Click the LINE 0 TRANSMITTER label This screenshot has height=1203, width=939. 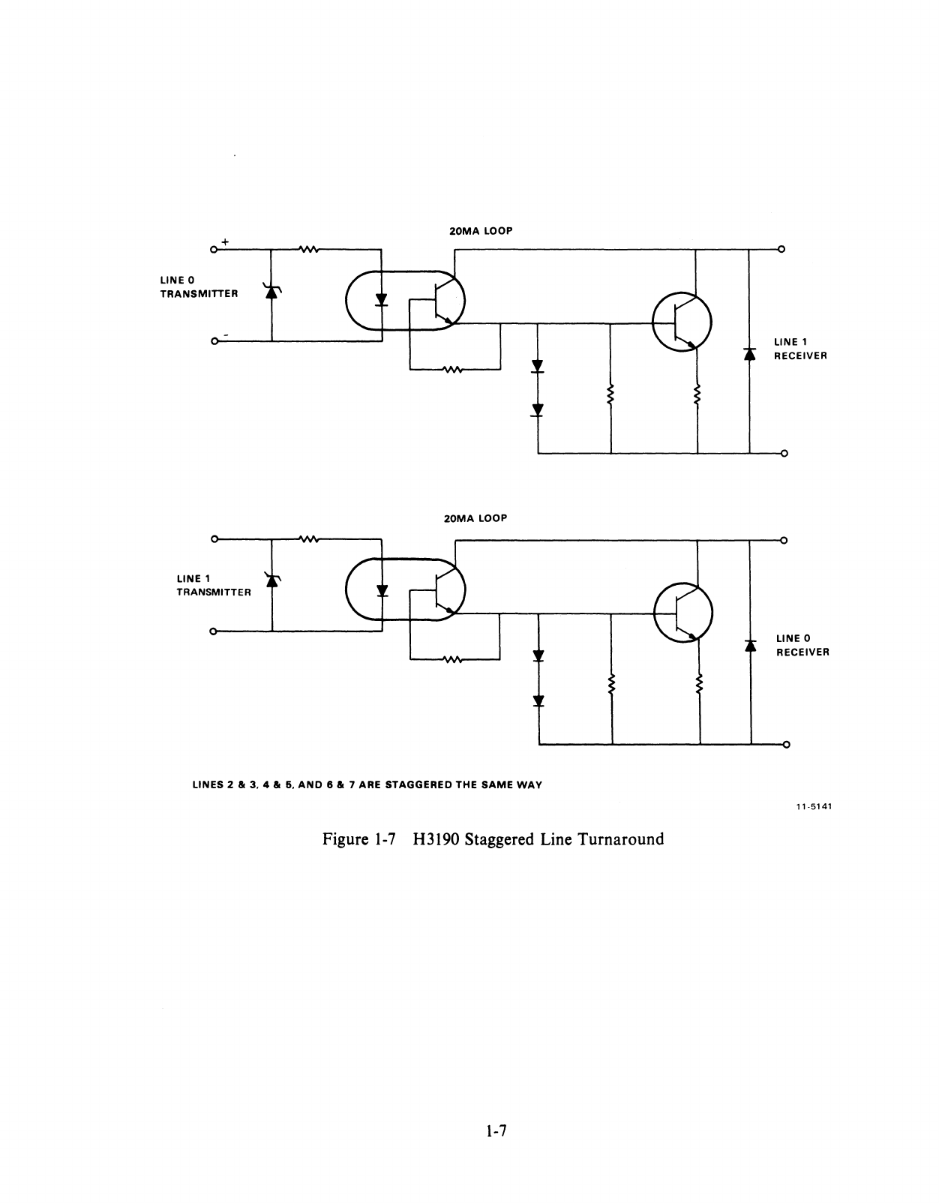point(199,286)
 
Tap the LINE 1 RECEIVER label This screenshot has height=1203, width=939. point(800,349)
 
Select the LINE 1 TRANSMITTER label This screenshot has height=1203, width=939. point(214,585)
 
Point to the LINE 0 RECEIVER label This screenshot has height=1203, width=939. point(802,645)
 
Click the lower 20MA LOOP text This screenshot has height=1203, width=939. point(475,518)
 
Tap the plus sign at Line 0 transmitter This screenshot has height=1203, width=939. point(223,241)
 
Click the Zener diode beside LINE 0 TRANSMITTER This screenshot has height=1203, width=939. point(271,291)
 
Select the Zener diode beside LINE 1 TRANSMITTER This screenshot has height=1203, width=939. point(271,579)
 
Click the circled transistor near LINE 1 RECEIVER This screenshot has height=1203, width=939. point(682,322)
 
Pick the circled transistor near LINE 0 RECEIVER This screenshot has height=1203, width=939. point(683,613)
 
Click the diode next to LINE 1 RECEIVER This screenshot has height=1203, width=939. point(748,353)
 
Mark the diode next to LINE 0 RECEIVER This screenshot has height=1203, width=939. point(749,644)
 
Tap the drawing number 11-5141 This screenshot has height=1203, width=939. point(814,807)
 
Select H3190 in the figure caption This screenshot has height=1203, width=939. point(435,838)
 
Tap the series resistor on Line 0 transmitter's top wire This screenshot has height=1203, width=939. point(309,249)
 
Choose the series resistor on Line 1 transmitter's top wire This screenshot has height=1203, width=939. point(309,538)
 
